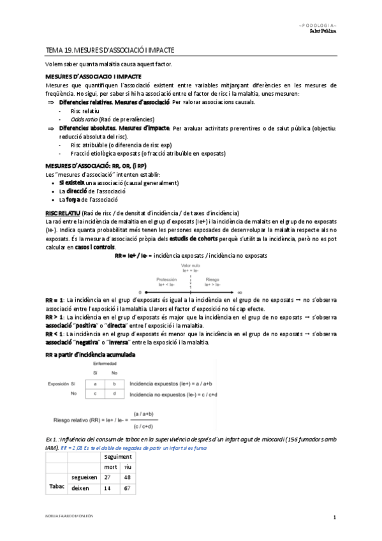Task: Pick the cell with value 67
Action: coord(128,488)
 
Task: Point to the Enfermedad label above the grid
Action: coord(105,364)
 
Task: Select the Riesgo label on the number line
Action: coord(211,279)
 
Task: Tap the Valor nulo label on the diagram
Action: coord(190,264)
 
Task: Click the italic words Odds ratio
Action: coord(84,119)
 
